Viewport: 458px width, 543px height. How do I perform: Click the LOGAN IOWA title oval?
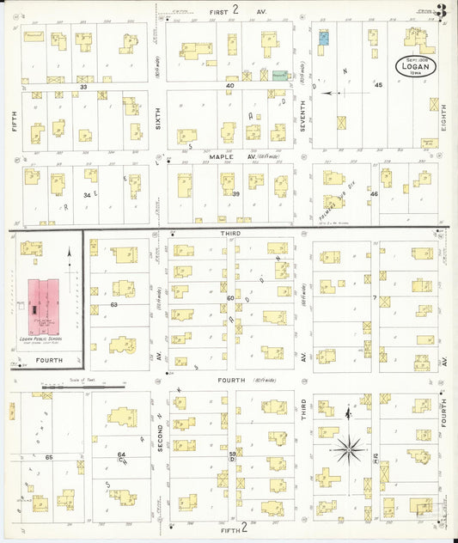tap(417, 66)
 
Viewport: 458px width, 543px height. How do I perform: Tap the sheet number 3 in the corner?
tap(440, 11)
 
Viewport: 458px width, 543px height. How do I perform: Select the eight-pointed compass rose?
tap(348, 446)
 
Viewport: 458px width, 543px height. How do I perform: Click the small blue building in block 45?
tap(324, 38)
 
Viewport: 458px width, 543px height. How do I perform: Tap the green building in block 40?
tap(279, 76)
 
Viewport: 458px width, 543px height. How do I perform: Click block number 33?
tap(83, 87)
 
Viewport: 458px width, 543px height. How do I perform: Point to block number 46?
tap(373, 195)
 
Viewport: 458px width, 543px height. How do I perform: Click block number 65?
tap(49, 457)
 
